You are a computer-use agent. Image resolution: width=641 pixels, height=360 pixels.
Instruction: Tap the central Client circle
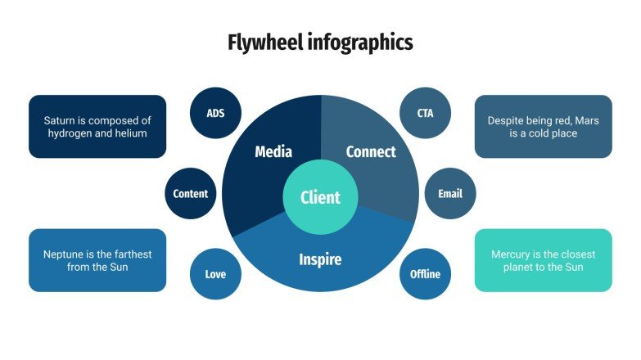(320, 197)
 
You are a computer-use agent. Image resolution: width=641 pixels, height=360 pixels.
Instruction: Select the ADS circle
(215, 113)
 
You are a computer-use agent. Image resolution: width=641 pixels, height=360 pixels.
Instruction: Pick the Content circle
(190, 194)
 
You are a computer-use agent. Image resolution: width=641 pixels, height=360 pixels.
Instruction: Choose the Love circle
(215, 274)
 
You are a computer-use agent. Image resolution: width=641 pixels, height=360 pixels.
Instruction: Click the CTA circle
(425, 113)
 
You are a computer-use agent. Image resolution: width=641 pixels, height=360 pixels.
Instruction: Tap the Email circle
(449, 194)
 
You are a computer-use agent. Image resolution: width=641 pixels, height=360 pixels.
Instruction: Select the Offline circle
(425, 274)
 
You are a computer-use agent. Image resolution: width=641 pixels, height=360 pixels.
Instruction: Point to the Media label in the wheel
(273, 151)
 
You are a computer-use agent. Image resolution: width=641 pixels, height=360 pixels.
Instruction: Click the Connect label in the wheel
(370, 151)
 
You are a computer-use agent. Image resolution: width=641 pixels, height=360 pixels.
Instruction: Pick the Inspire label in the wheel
(319, 260)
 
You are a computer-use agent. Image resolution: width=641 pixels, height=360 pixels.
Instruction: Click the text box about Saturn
(97, 126)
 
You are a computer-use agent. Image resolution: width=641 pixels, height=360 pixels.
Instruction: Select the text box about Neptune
(97, 260)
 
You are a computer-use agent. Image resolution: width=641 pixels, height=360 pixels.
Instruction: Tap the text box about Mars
(543, 126)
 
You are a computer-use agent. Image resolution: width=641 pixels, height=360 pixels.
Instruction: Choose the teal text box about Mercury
(543, 260)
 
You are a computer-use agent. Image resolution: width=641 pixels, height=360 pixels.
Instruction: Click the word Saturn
(62, 119)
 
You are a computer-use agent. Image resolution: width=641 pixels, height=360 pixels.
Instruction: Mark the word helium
(130, 133)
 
